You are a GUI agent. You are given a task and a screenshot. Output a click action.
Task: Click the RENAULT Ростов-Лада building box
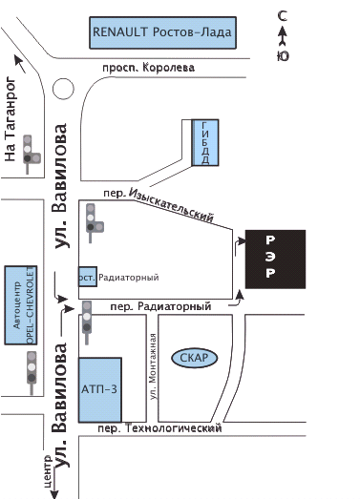(162, 32)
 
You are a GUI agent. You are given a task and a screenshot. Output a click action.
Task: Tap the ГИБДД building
(205, 142)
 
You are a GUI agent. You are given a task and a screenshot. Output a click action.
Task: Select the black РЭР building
(275, 260)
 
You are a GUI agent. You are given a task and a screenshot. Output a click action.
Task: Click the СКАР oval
(195, 358)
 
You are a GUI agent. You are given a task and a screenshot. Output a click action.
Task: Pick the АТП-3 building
(100, 390)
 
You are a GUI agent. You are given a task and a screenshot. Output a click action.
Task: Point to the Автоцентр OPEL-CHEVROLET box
(21, 305)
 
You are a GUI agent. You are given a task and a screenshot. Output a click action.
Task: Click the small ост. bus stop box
(88, 277)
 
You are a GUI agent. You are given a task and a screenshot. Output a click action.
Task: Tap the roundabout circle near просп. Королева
(63, 89)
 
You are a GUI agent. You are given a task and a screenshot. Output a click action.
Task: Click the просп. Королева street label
(148, 68)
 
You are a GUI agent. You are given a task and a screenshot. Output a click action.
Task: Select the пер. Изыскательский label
(159, 204)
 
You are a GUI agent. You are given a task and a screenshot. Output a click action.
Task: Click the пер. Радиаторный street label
(160, 307)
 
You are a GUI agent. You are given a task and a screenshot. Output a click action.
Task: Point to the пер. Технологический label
(159, 428)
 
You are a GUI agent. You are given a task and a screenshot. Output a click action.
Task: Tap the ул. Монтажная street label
(154, 366)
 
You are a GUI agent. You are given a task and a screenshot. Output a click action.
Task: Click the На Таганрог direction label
(10, 118)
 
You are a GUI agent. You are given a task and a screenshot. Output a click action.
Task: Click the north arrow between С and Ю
(283, 37)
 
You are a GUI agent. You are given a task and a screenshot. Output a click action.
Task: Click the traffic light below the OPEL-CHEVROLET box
(32, 373)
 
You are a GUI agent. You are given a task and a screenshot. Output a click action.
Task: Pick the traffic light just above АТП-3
(87, 322)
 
